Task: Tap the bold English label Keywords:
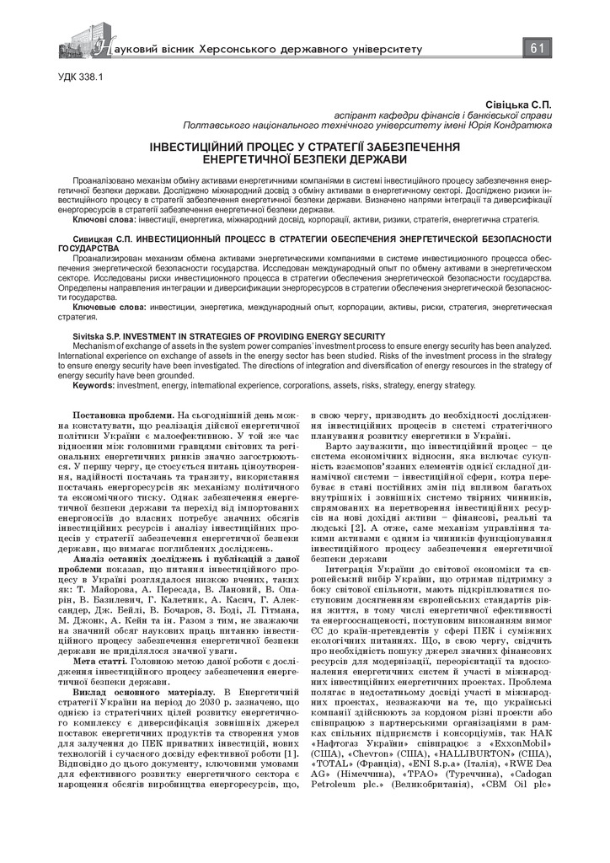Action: point(94,384)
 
